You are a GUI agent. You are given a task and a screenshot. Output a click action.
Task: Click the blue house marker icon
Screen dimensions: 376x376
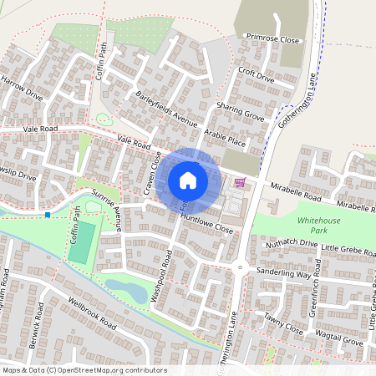pos(188,180)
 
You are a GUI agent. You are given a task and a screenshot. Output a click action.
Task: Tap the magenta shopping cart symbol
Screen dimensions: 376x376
pos(240,182)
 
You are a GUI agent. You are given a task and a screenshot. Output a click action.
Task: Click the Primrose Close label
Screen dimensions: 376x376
pos(272,38)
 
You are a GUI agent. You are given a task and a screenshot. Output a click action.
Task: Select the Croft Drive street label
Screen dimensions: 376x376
pos(256,78)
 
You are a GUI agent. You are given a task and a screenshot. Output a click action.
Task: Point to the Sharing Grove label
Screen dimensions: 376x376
pos(241,112)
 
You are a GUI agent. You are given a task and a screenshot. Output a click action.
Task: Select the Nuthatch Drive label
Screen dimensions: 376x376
pos(292,243)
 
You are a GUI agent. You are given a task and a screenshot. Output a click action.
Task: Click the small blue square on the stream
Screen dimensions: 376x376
pos(48,215)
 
